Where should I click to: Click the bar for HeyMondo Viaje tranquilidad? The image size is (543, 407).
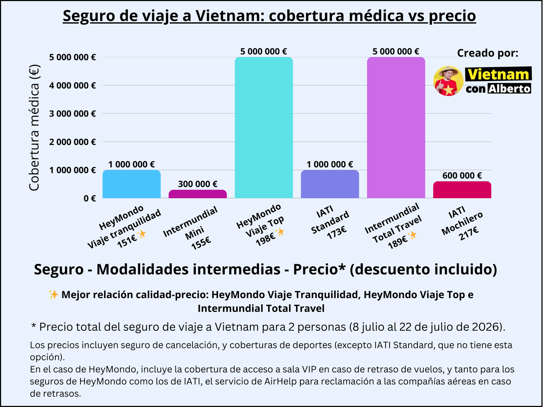coord(131,184)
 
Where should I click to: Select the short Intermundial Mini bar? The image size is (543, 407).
coord(198,194)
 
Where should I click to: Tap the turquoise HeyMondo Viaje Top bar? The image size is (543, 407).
coord(264,128)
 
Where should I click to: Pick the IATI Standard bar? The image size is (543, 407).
coord(330,184)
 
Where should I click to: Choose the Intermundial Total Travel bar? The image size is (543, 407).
coord(396,128)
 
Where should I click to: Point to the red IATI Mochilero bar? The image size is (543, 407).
coord(462,190)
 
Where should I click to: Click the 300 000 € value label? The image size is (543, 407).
coord(198,184)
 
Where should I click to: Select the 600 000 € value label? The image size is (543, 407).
coord(462,175)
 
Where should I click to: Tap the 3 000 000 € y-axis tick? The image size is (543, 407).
coord(72,114)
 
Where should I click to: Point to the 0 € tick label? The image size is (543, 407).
coord(90,198)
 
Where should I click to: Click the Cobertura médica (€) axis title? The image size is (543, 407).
coord(34,128)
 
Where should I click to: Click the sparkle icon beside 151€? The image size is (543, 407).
coord(141,234)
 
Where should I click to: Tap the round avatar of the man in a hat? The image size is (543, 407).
coord(448,81)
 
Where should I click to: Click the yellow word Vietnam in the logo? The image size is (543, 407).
coord(498,74)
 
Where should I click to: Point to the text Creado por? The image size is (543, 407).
coord(487,53)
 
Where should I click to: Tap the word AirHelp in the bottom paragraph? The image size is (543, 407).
coord(280,381)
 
